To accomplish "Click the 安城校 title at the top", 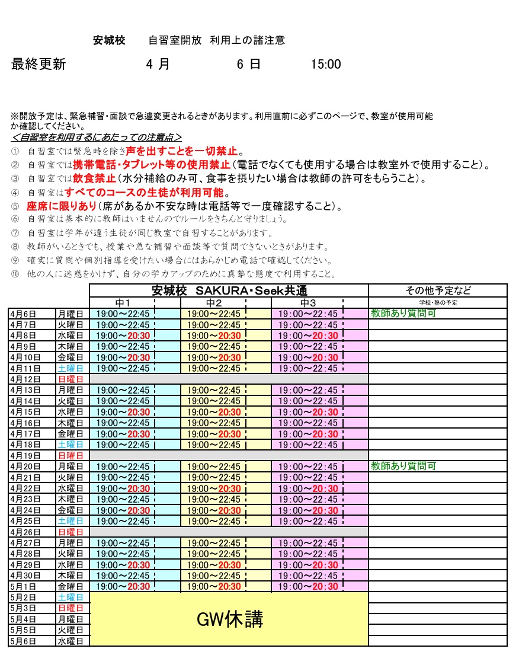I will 109,41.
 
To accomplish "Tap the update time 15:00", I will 326,65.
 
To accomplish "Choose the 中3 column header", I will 308,303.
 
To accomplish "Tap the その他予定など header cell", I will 438,290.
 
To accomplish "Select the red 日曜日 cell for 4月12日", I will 70,379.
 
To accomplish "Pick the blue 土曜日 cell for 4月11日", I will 70,368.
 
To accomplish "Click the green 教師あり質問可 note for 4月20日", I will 403,467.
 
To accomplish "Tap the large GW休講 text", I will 229,619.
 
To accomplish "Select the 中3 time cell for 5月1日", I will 307,586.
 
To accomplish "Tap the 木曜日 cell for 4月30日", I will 70,576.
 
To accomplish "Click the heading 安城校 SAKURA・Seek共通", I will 229,290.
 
